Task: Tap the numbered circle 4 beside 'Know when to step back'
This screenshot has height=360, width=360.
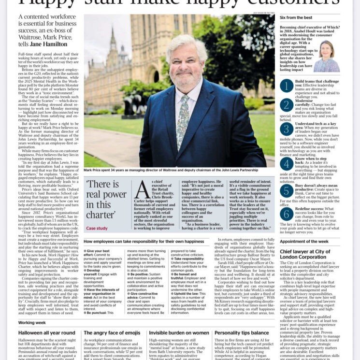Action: coord(287,164)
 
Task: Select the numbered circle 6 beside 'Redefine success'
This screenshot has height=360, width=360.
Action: coord(287,214)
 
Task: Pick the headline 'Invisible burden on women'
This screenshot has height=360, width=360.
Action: coord(179,333)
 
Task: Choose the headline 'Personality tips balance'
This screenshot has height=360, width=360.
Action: coord(242,333)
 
